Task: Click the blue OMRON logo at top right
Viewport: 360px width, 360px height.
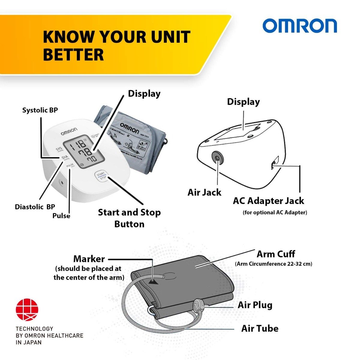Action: (300, 26)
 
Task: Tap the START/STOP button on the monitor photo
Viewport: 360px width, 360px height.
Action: (101, 176)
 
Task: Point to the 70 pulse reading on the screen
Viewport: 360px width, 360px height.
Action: (91, 159)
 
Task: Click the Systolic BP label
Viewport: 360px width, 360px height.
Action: (40, 110)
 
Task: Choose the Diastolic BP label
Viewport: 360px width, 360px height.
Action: (35, 207)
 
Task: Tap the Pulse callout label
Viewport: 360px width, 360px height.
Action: (61, 216)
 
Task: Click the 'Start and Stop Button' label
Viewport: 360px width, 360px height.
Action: (129, 218)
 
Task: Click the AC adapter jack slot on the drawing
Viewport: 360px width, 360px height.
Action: (274, 164)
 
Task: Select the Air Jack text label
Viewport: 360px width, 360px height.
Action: (204, 192)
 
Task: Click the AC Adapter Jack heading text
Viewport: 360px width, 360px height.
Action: (268, 201)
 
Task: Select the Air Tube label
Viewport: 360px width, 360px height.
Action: (260, 328)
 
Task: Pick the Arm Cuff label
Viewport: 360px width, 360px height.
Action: (276, 254)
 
